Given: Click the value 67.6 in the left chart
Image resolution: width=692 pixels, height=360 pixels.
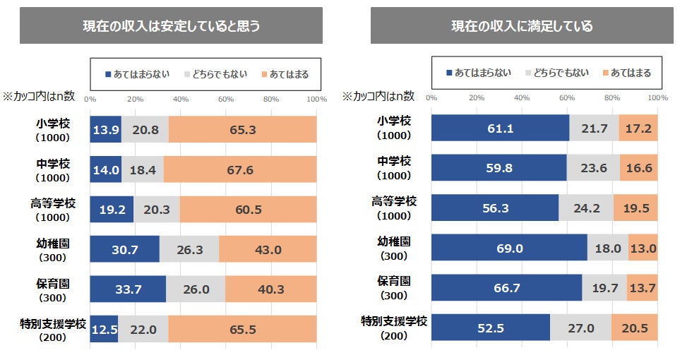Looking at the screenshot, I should [x=240, y=170].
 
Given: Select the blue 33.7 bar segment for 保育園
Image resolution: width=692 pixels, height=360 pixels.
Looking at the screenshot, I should [x=128, y=289].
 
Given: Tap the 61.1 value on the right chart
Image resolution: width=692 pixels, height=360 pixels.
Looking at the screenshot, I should [x=500, y=128].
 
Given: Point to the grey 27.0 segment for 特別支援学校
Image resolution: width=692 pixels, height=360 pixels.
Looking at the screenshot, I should [x=580, y=328].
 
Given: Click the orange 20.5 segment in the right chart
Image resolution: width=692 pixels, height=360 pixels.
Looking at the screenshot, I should [x=635, y=328].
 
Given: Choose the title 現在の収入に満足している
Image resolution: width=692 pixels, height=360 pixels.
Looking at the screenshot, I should [x=522, y=26].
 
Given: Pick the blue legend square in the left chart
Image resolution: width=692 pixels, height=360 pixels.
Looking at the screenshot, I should [x=108, y=74].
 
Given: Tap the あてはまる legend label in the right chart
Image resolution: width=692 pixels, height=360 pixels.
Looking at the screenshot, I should [x=631, y=73].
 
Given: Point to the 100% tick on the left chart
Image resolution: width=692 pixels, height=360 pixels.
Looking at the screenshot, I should [x=316, y=99].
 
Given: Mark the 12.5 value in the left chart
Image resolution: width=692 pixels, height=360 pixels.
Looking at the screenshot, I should [x=104, y=329].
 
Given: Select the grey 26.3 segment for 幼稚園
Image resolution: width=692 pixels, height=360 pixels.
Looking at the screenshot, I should [x=189, y=249].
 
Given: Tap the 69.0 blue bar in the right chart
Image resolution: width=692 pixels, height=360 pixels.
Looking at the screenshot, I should [x=508, y=248].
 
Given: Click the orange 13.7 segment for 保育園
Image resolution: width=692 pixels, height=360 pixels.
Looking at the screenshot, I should [x=642, y=288].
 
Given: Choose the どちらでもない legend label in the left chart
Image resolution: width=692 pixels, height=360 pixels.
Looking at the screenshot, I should [x=222, y=74].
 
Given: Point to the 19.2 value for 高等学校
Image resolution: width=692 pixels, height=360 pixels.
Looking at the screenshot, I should [x=112, y=210].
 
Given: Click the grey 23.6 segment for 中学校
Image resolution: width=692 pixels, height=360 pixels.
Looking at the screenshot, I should [x=593, y=168].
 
